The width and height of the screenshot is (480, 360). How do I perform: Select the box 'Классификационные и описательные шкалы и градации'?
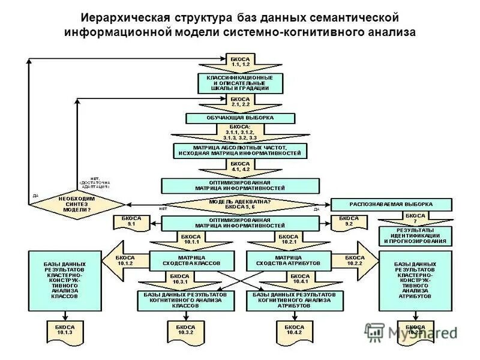point(240,83)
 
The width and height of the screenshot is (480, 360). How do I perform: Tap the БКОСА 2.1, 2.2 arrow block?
point(240,102)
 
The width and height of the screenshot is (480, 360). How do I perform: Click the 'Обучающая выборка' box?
point(240,118)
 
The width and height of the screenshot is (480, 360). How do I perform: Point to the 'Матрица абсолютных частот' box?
point(240,150)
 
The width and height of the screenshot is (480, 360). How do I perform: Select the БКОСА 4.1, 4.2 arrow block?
point(240,167)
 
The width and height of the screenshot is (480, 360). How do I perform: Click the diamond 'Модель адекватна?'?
point(240,204)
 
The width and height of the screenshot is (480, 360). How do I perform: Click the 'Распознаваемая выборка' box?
point(391,204)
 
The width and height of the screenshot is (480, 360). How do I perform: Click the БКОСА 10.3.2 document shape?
point(182,329)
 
